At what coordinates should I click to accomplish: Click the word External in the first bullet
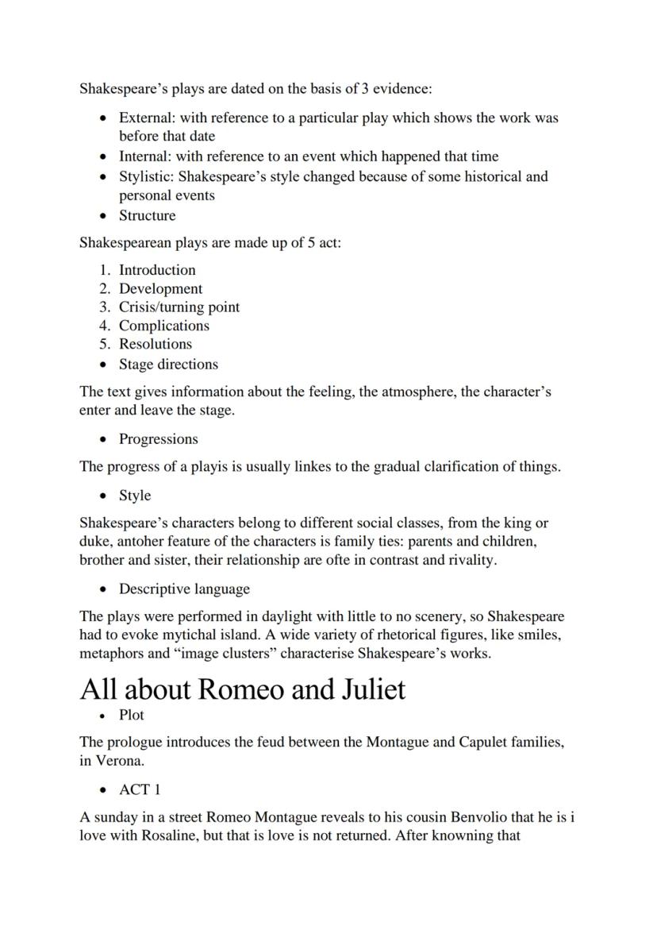coord(145,118)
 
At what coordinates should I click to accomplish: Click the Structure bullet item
coord(148,215)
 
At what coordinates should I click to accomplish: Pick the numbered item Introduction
coord(157,270)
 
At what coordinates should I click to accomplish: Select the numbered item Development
coord(160,289)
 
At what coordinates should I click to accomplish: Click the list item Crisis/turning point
coord(179,307)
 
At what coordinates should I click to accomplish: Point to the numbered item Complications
coord(164,326)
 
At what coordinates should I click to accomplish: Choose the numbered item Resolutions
coord(156,344)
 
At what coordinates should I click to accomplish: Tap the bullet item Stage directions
coord(168,365)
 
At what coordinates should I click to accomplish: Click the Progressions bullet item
coord(159,439)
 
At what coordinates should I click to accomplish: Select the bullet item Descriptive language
coord(184,589)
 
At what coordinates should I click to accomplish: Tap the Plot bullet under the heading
coord(132,715)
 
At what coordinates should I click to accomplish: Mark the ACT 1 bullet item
coord(140,789)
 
